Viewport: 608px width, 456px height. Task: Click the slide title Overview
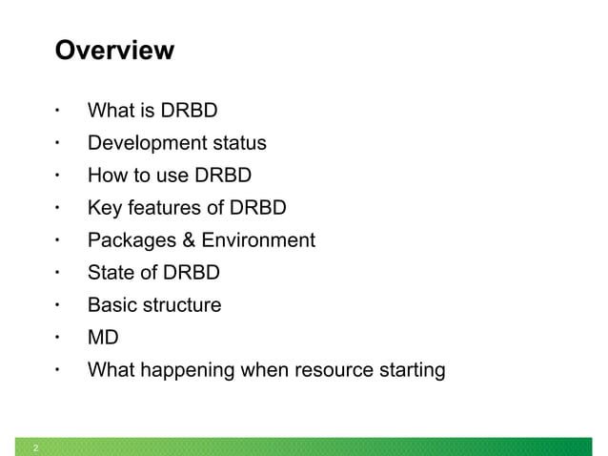114,50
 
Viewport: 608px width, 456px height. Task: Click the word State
110,274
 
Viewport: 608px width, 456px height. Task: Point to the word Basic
111,305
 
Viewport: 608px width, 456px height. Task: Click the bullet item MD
103,338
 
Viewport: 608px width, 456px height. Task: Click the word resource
334,370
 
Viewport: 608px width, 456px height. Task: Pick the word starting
411,370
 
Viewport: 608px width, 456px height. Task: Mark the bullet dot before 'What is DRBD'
57,111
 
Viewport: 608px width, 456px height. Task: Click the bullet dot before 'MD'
57,337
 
